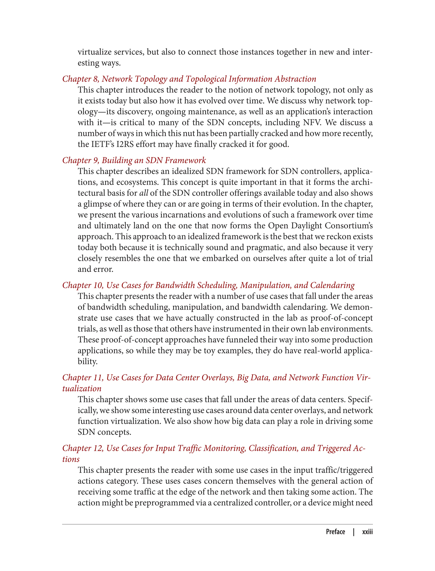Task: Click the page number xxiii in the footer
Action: pyautogui.click(x=367, y=532)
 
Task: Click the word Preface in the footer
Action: pyautogui.click(x=335, y=532)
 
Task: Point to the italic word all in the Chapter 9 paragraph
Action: pyautogui.click(x=144, y=193)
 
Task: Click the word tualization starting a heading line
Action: pyautogui.click(x=82, y=389)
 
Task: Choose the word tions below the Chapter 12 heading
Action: pyautogui.click(x=71, y=459)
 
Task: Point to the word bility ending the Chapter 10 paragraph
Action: pyautogui.click(x=88, y=361)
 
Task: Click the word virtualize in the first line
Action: pyautogui.click(x=95, y=52)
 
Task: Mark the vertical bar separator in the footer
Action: pyautogui.click(x=354, y=532)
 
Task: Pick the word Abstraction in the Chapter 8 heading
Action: pyautogui.click(x=295, y=79)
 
